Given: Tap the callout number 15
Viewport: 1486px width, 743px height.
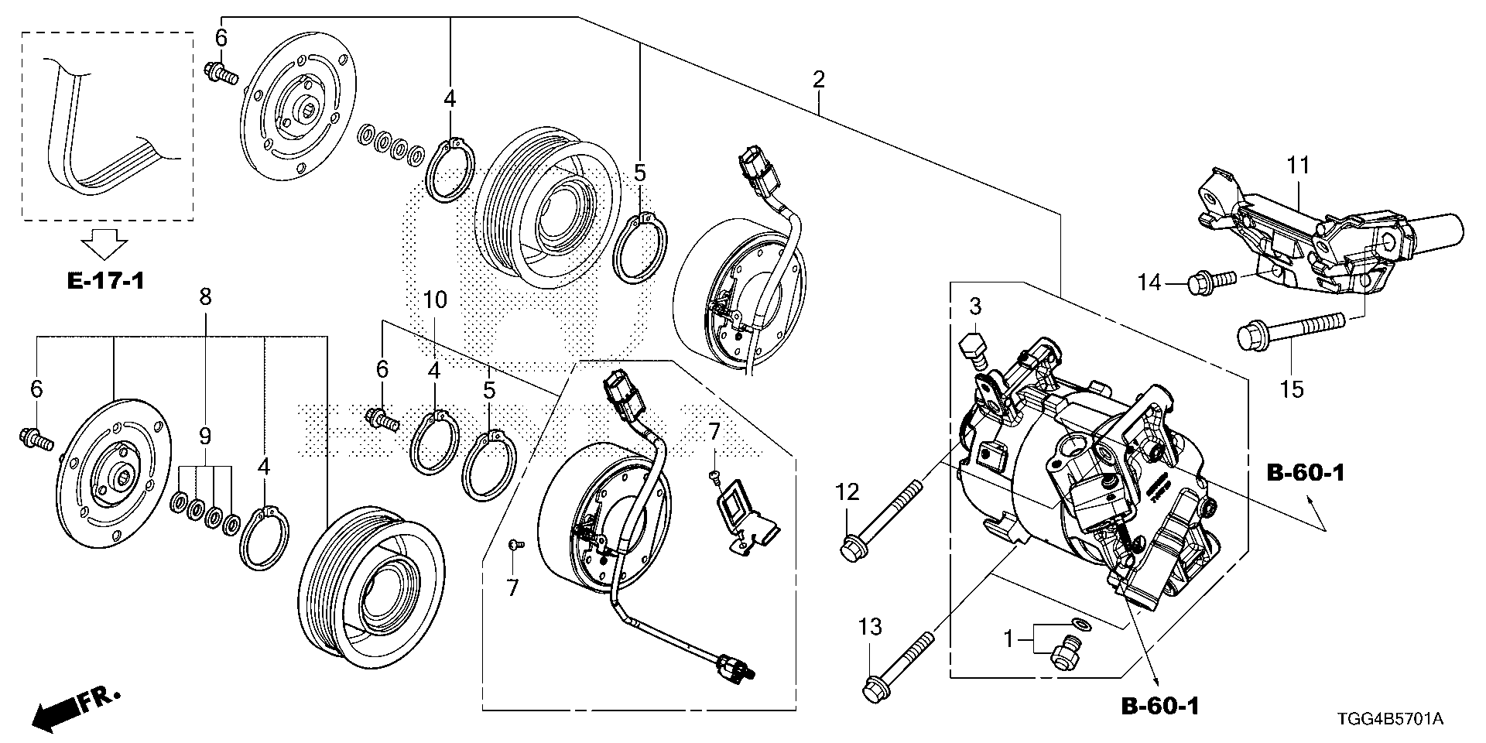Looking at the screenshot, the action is tap(1292, 389).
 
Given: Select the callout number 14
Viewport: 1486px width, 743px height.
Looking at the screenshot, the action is tap(1149, 283).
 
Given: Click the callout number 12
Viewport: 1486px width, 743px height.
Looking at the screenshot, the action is tap(847, 491).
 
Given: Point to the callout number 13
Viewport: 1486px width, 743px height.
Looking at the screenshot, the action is tap(871, 626).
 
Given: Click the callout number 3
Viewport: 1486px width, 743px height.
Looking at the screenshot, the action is tap(975, 306).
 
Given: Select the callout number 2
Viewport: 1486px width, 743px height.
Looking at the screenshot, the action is tap(818, 79).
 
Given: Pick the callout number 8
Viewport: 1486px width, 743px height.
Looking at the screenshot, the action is tap(205, 298).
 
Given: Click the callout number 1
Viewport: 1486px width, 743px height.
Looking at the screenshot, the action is tap(1008, 639).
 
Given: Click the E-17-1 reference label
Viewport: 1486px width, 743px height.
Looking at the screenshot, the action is tap(105, 280).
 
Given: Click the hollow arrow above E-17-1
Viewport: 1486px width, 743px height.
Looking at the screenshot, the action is tap(105, 244).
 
